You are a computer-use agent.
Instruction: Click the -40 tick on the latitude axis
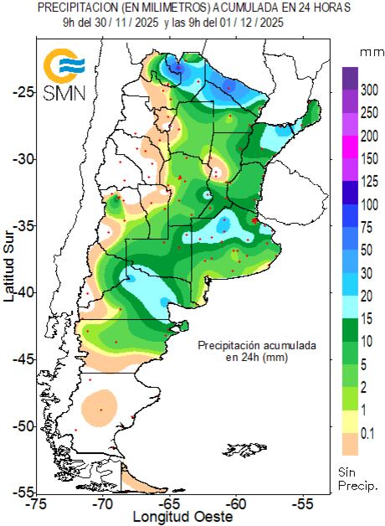[24, 292]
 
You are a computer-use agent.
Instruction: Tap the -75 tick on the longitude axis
[36, 505]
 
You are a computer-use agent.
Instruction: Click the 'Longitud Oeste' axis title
[178, 518]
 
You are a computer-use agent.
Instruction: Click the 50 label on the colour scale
[367, 250]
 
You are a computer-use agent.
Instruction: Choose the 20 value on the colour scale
[367, 296]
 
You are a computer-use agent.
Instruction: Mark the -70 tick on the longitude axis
[103, 505]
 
